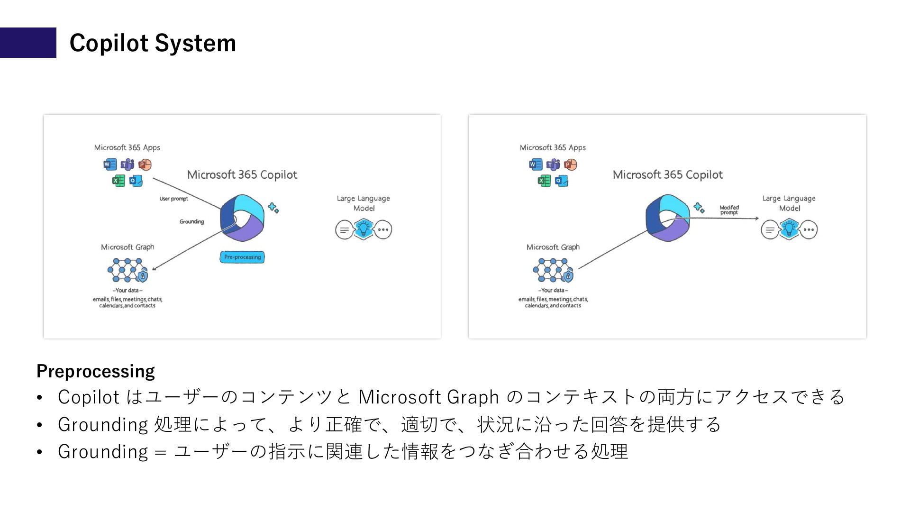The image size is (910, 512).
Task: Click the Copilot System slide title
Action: coord(153,43)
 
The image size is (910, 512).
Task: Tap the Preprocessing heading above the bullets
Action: coord(96,371)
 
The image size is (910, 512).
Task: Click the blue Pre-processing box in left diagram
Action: coord(242,257)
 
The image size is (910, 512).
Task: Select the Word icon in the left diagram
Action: coord(109,165)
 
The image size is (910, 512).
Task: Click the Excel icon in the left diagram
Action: coord(118,181)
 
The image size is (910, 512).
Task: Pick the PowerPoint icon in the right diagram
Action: coord(571,165)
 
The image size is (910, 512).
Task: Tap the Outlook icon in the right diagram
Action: coord(562,181)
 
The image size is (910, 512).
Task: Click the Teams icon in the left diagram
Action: coord(127,165)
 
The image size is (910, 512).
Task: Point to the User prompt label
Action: coord(173,199)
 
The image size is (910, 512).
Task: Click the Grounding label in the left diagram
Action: coord(191,221)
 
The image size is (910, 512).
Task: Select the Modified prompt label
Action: coord(729,210)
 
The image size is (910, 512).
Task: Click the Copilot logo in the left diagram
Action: coord(242,218)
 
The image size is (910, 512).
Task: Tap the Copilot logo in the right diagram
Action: coord(667,218)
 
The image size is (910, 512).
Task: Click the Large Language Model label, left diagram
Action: coord(364,203)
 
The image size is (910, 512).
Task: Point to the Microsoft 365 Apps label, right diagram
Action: coord(553,147)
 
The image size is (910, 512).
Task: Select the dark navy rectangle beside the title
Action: coord(28,43)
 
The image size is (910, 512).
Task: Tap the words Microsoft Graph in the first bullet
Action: coord(428,397)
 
